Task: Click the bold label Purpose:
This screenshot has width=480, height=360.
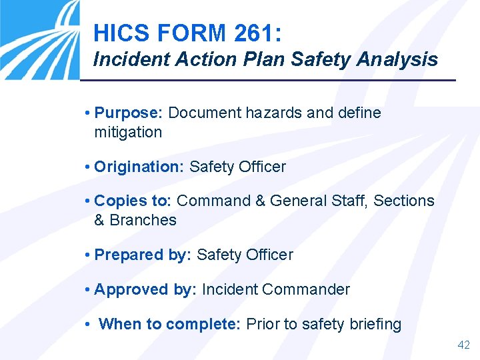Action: (x=129, y=113)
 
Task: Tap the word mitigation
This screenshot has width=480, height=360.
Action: (x=128, y=132)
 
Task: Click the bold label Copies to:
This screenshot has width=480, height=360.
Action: (x=133, y=201)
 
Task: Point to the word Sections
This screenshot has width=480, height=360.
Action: (x=404, y=201)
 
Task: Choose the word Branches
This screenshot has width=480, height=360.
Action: (x=143, y=220)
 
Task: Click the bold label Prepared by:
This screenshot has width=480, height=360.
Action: (x=143, y=255)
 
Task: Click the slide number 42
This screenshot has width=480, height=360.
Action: (x=463, y=345)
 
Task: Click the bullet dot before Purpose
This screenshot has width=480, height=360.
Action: (x=88, y=113)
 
